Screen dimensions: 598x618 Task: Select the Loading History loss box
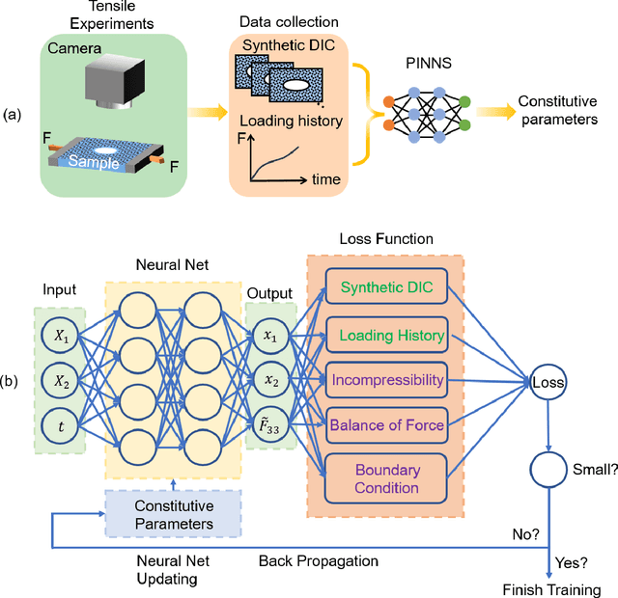click(x=386, y=335)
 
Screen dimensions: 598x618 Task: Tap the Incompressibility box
click(x=386, y=380)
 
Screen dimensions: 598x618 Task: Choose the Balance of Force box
click(x=386, y=424)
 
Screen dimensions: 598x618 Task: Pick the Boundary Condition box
click(x=386, y=477)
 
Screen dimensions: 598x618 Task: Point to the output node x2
click(x=272, y=380)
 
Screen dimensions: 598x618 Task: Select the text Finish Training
click(x=552, y=589)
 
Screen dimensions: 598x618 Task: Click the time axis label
click(x=328, y=179)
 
